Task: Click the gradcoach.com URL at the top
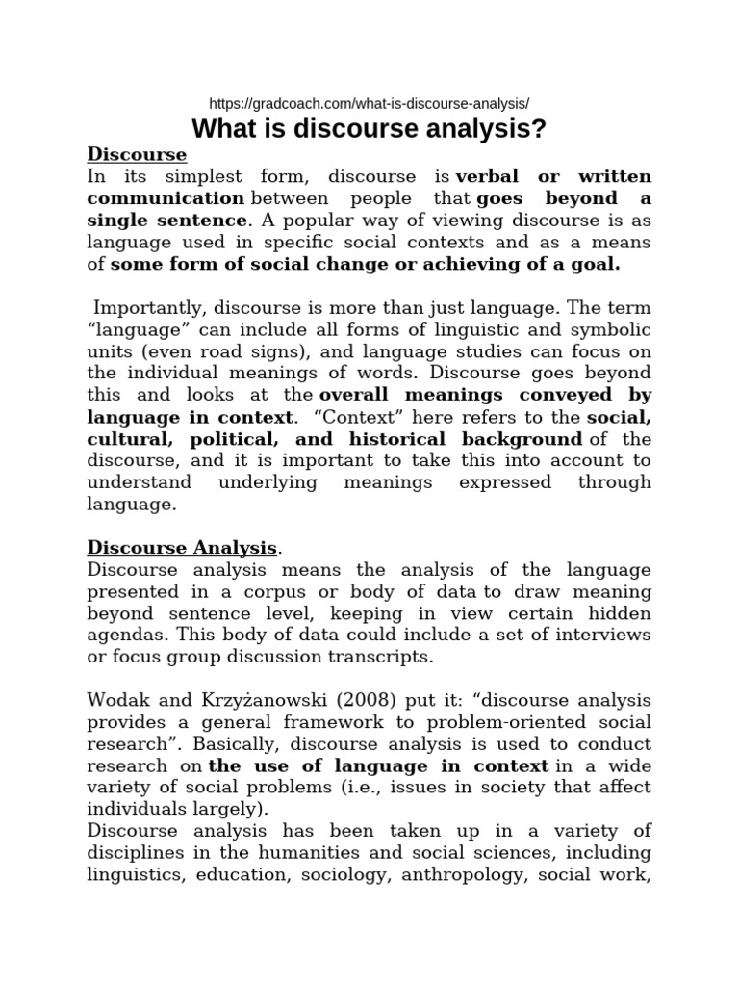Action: click(369, 103)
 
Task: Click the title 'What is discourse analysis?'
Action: click(369, 129)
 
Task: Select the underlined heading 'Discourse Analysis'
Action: click(182, 548)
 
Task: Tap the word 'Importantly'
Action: click(144, 307)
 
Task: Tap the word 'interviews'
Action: click(607, 636)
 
